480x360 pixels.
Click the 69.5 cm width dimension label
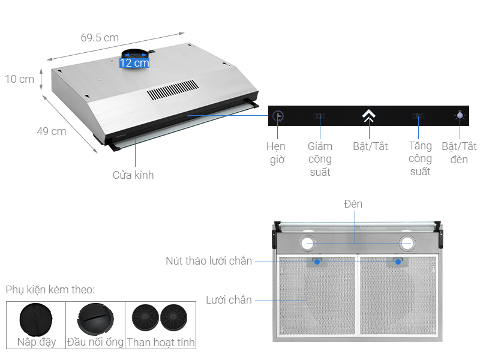click(100, 37)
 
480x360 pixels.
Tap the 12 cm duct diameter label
click(134, 62)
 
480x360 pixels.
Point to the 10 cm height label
click(19, 79)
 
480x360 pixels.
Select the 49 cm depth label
click(51, 131)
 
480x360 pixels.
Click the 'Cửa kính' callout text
click(133, 175)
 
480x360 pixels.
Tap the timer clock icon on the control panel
click(277, 116)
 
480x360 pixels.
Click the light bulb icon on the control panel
click(460, 116)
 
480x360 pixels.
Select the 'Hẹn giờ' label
click(276, 153)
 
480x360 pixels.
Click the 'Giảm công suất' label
click(320, 159)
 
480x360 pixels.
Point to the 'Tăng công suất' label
click(420, 159)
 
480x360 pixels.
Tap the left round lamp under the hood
click(308, 243)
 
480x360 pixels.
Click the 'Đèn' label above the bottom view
click(353, 204)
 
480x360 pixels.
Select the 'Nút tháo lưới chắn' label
click(209, 261)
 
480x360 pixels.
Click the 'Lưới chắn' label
click(229, 299)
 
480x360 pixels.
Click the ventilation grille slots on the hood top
click(172, 89)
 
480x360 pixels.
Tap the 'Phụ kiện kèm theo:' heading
click(50, 290)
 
